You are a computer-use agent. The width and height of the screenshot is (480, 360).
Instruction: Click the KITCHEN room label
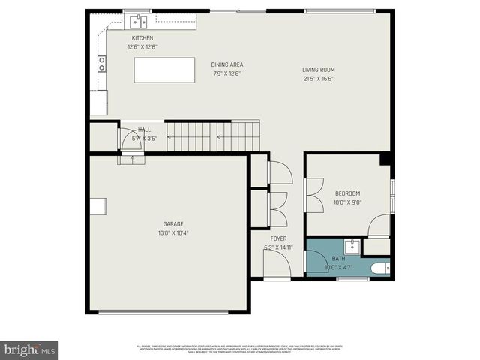142,38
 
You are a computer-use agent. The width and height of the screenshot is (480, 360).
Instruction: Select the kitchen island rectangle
164,70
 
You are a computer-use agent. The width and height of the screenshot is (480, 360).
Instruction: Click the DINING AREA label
228,64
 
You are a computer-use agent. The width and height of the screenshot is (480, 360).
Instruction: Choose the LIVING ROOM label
319,70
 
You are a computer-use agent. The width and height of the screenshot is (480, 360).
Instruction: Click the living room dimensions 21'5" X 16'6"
319,78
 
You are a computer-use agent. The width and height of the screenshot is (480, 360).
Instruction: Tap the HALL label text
144,130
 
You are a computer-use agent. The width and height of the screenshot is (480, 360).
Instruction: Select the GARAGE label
173,223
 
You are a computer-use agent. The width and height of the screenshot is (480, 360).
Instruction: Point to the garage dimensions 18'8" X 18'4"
173,232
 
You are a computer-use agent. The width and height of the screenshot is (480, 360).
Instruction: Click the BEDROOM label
347,193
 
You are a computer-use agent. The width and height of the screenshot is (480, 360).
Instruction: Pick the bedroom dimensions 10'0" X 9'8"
347,202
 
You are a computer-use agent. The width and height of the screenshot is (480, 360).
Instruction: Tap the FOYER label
278,238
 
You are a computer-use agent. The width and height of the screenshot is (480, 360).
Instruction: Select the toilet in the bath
380,268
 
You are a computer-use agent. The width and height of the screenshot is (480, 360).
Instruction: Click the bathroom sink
352,246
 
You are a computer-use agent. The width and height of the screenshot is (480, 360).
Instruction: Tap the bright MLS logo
29,349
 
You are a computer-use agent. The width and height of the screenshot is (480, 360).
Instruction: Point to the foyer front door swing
276,264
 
